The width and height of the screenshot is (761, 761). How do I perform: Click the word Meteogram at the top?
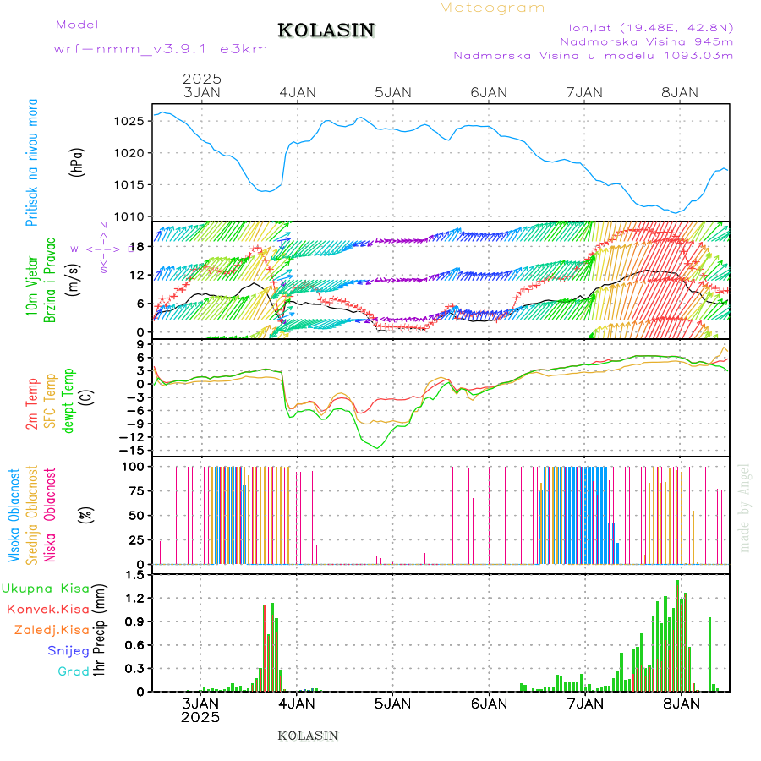click(492, 8)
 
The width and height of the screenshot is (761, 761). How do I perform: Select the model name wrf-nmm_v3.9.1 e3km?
click(161, 49)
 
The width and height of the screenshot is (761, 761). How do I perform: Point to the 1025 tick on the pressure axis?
click(134, 121)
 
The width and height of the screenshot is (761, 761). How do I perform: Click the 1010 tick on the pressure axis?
click(134, 216)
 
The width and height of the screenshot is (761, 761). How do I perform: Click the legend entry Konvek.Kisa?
click(48, 609)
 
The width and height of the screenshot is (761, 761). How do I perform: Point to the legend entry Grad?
click(74, 671)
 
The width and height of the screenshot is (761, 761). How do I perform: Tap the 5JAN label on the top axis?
click(392, 92)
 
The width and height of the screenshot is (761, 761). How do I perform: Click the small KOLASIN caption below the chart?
click(308, 736)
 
